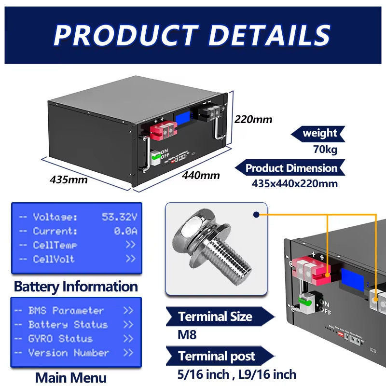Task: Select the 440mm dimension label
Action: click(x=200, y=175)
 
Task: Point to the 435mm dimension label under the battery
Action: click(x=69, y=180)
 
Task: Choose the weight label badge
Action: click(x=319, y=133)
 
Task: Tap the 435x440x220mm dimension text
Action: click(x=294, y=183)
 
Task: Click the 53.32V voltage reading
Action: click(x=119, y=217)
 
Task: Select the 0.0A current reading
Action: click(x=125, y=231)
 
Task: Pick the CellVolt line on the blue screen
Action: click(x=54, y=259)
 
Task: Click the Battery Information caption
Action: click(x=76, y=286)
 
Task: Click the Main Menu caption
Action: click(x=70, y=376)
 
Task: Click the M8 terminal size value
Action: click(x=187, y=335)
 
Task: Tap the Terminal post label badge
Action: click(x=217, y=357)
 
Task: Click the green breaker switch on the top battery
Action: click(x=155, y=157)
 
